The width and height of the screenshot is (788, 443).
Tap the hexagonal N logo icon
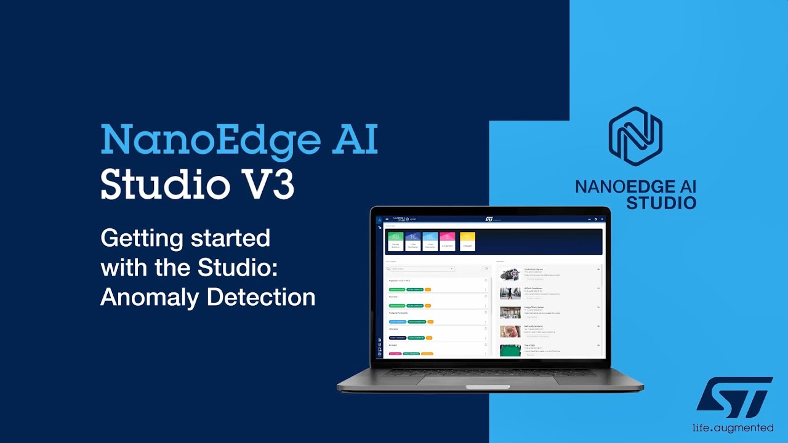pyautogui.click(x=635, y=137)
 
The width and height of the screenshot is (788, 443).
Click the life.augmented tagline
pyautogui.click(x=733, y=428)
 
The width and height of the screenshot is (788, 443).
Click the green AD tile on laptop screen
pyautogui.click(x=396, y=241)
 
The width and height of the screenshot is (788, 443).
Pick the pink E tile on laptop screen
pyautogui.click(x=448, y=241)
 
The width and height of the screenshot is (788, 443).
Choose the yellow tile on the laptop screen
pyautogui.click(x=467, y=241)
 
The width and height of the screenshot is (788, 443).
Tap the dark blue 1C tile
pyautogui.click(x=413, y=241)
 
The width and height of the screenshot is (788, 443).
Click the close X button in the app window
pyautogui.click(x=602, y=219)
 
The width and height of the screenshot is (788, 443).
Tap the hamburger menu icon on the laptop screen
pyautogui.click(x=387, y=219)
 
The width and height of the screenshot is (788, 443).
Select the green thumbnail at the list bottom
pyautogui.click(x=510, y=350)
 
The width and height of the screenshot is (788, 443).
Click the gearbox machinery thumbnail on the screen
pyautogui.click(x=510, y=274)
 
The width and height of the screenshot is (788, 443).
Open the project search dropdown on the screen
pyautogui.click(x=421, y=269)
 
